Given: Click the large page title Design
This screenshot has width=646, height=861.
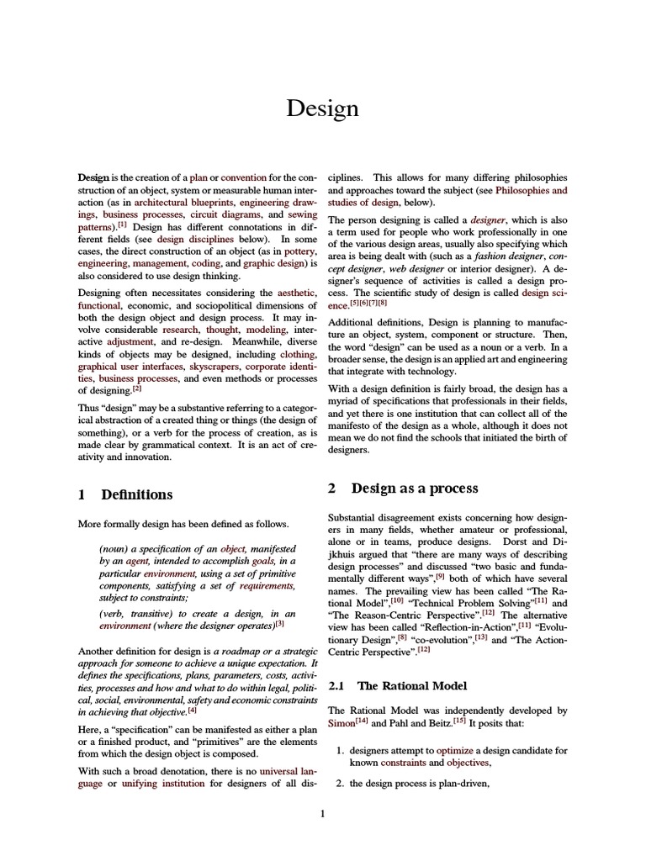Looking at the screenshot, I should (322, 108).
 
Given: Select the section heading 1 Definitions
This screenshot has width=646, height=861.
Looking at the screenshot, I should (125, 494).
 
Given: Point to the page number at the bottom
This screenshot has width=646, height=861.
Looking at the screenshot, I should (322, 813).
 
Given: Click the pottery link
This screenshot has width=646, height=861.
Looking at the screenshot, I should (299, 251).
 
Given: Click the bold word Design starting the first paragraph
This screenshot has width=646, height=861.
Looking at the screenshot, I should (93, 178).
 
